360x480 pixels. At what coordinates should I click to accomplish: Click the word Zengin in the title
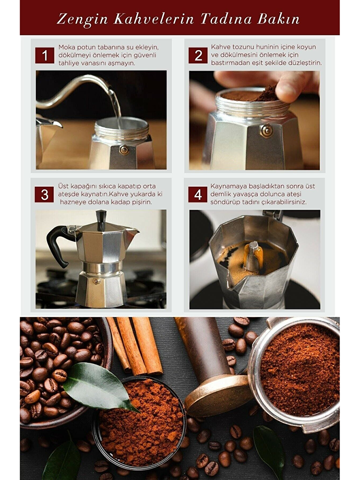click(x=82, y=19)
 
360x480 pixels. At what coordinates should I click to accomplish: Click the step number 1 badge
click(x=45, y=55)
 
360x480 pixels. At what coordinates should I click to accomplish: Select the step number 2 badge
click(x=198, y=55)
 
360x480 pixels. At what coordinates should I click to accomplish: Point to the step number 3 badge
click(x=44, y=194)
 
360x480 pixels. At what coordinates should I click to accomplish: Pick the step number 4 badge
click(x=198, y=194)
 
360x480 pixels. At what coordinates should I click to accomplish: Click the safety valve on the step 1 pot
click(x=124, y=150)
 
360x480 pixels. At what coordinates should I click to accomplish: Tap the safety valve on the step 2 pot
click(x=266, y=131)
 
